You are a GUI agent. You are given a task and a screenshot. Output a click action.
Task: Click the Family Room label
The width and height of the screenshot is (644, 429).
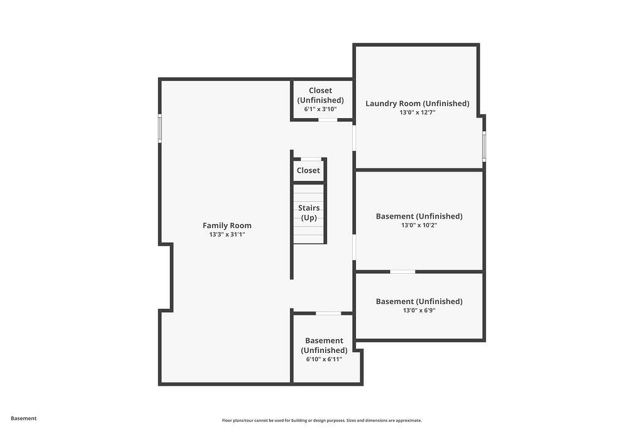[x=226, y=225]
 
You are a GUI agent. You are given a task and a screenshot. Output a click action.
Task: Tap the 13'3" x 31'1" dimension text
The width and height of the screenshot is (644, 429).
[x=226, y=234]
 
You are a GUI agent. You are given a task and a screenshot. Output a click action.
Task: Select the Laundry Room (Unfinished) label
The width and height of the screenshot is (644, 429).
[x=418, y=104]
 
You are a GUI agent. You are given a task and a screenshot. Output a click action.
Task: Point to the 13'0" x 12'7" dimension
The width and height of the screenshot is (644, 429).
[x=418, y=112]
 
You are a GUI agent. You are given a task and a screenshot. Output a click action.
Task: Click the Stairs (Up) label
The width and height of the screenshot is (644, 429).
[x=309, y=212]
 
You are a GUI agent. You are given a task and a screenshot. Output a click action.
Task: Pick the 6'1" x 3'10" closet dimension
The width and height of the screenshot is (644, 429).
[x=320, y=109]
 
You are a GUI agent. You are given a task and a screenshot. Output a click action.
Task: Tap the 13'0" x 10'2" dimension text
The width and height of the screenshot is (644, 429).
[x=419, y=225]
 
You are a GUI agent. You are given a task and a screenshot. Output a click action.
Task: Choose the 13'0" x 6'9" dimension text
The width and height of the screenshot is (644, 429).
[x=419, y=310]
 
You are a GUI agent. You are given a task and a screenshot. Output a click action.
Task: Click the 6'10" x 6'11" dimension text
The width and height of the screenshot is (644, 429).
[x=324, y=359]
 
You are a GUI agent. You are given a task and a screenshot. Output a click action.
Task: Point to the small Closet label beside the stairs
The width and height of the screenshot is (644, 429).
[x=308, y=170]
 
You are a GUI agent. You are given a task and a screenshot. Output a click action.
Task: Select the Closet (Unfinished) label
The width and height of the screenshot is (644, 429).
[x=320, y=95]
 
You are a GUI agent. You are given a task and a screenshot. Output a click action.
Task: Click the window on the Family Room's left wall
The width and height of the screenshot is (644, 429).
[x=160, y=128]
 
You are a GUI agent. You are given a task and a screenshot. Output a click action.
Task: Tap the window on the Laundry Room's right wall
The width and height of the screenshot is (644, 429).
[x=484, y=146]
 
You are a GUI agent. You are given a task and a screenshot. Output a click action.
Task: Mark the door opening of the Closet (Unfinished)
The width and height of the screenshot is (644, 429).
[x=328, y=120]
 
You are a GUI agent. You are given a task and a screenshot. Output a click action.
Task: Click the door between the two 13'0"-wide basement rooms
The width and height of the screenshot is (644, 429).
[x=402, y=271]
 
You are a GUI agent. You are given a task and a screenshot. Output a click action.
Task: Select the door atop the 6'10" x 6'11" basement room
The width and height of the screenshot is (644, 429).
[x=328, y=313]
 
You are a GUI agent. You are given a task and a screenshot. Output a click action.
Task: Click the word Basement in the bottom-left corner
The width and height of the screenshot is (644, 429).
[x=23, y=418]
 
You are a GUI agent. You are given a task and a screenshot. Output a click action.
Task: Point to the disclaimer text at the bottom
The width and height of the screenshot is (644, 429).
[x=322, y=420]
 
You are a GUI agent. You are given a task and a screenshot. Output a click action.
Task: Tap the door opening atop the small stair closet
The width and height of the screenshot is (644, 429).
[x=311, y=159]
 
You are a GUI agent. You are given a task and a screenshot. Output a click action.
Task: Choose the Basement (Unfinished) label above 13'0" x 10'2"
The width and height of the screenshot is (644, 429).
[x=419, y=216]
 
